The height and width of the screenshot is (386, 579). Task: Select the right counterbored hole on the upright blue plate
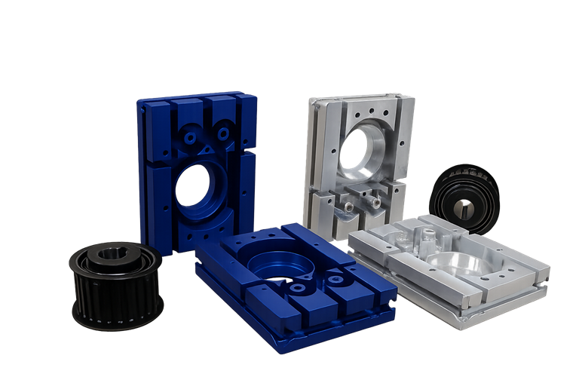(223, 133)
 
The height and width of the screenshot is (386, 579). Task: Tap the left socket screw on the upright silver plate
(349, 203)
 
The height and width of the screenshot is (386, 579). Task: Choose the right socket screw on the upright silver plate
(375, 201)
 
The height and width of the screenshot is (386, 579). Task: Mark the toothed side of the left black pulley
(114, 298)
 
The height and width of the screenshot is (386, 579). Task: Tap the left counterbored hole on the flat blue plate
(299, 287)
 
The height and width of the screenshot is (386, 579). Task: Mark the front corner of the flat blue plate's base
(280, 348)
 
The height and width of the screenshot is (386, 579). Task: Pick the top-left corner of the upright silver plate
(311, 100)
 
